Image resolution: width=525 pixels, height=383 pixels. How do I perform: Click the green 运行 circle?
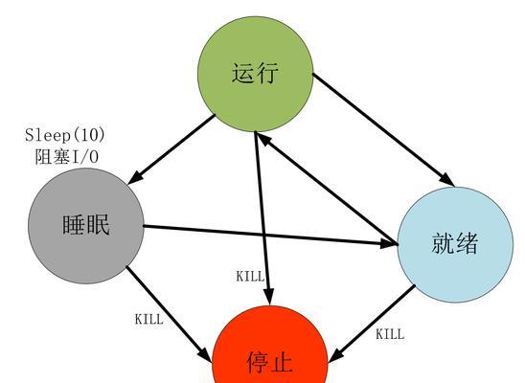click(x=256, y=74)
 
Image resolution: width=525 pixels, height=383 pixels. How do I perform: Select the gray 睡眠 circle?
click(x=86, y=226)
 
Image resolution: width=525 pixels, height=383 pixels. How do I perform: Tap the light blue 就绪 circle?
click(x=455, y=244)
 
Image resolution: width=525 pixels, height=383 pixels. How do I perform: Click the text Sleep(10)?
click(x=65, y=135)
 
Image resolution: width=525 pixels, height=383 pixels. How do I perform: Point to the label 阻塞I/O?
click(x=67, y=156)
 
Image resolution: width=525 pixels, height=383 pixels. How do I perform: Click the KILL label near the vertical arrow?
click(x=250, y=277)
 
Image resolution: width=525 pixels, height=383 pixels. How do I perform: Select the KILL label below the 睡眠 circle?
click(x=149, y=319)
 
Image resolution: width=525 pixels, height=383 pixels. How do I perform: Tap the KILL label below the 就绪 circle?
click(x=390, y=334)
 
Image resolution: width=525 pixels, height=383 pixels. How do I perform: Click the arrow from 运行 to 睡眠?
click(x=171, y=149)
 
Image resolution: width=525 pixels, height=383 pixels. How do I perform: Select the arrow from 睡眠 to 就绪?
click(x=270, y=236)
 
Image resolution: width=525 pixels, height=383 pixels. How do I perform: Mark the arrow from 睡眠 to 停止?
click(x=169, y=314)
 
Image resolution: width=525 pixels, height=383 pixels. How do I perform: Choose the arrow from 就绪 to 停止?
click(x=372, y=324)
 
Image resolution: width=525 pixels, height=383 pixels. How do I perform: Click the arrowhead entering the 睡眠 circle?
click(x=136, y=177)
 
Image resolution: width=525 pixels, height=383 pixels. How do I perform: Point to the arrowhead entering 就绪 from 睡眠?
click(x=388, y=243)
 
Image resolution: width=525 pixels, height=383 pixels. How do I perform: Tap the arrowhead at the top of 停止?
click(x=268, y=298)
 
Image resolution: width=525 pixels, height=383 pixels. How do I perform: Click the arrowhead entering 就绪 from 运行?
click(x=447, y=179)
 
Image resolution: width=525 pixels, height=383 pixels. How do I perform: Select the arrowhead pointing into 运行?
click(x=264, y=140)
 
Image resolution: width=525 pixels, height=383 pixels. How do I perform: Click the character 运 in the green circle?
click(x=243, y=73)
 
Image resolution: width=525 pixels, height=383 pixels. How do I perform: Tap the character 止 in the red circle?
click(x=281, y=362)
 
